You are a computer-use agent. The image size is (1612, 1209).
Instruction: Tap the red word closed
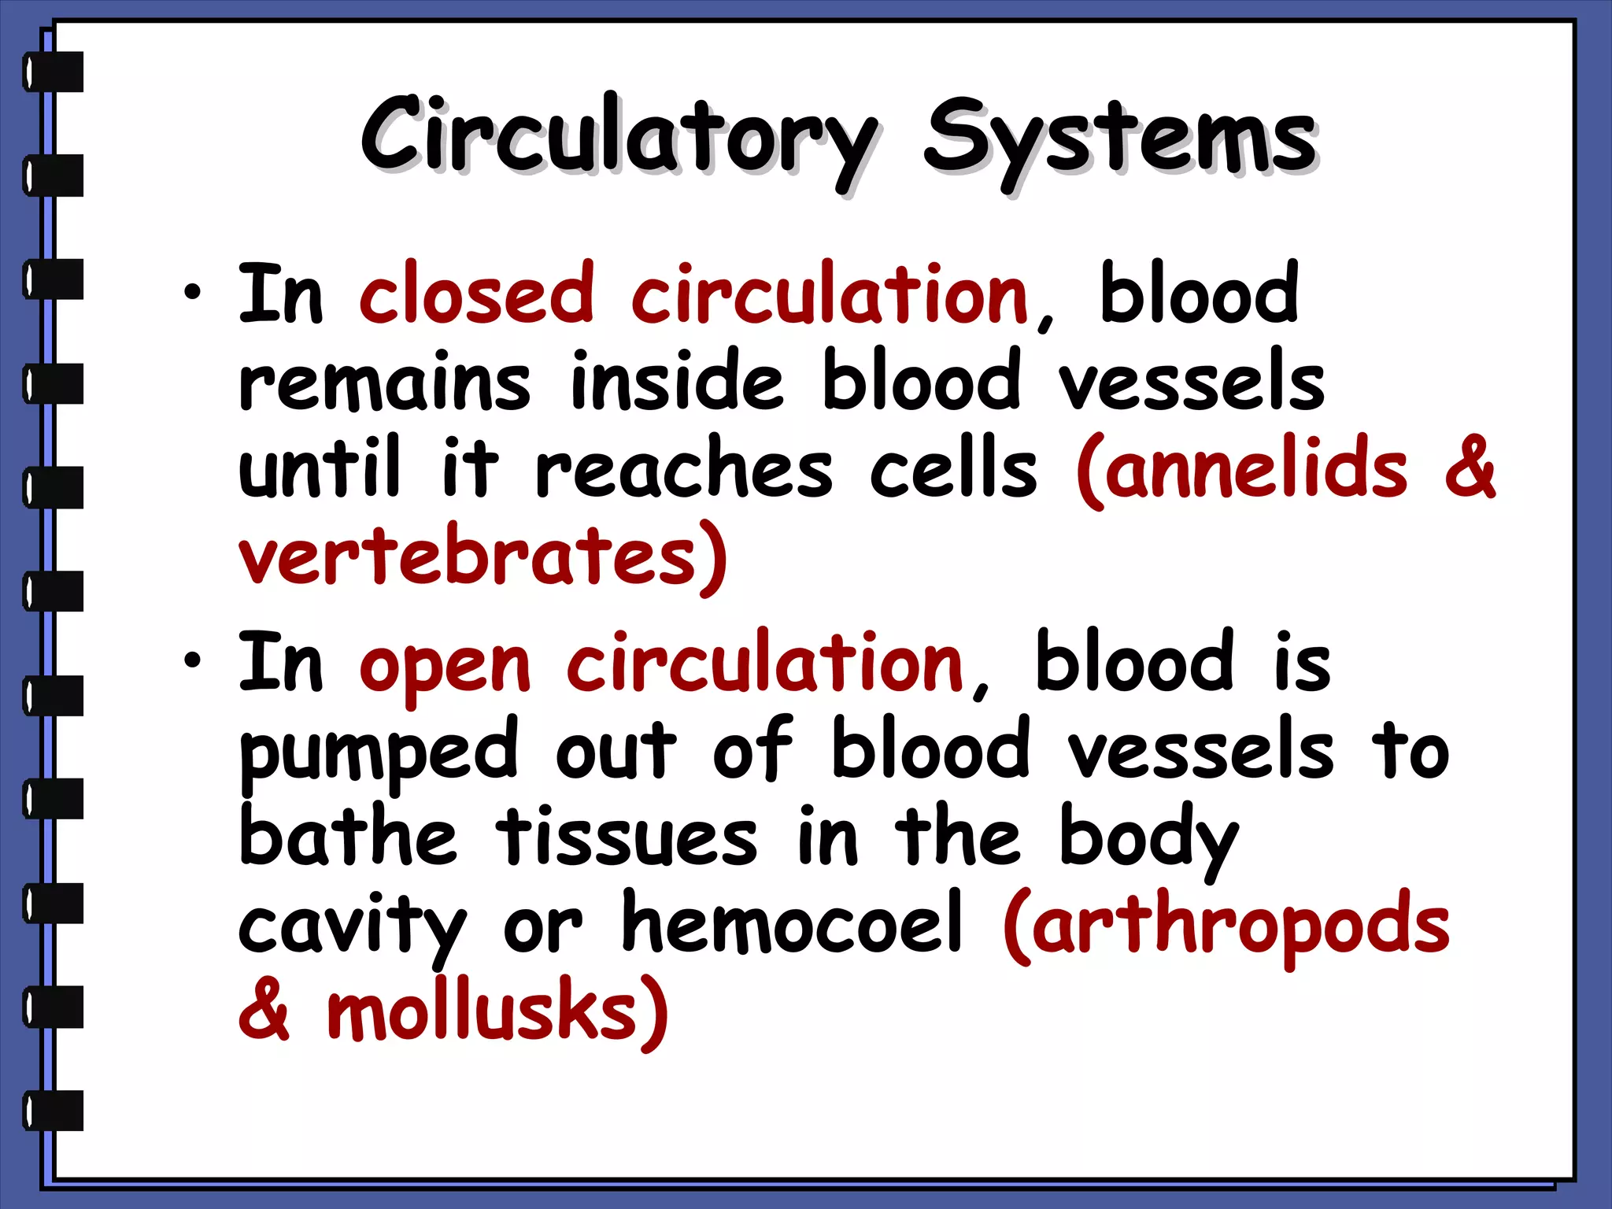tap(476, 294)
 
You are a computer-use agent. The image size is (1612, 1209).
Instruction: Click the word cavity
tap(352, 927)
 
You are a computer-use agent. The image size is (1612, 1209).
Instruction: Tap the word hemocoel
tap(792, 922)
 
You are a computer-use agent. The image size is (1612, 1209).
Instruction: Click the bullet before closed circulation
tap(192, 294)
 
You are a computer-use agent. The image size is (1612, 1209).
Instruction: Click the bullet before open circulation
tap(192, 661)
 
